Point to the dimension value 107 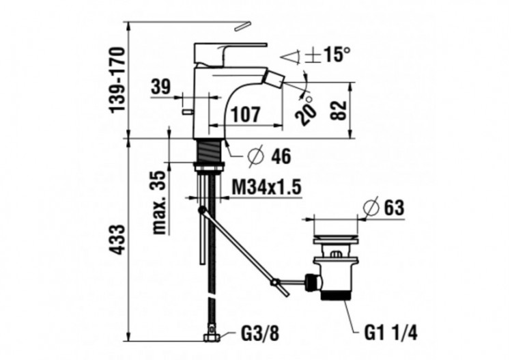[245, 115]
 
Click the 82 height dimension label [339, 110]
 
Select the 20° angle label [307, 109]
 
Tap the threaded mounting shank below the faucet [210, 150]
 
